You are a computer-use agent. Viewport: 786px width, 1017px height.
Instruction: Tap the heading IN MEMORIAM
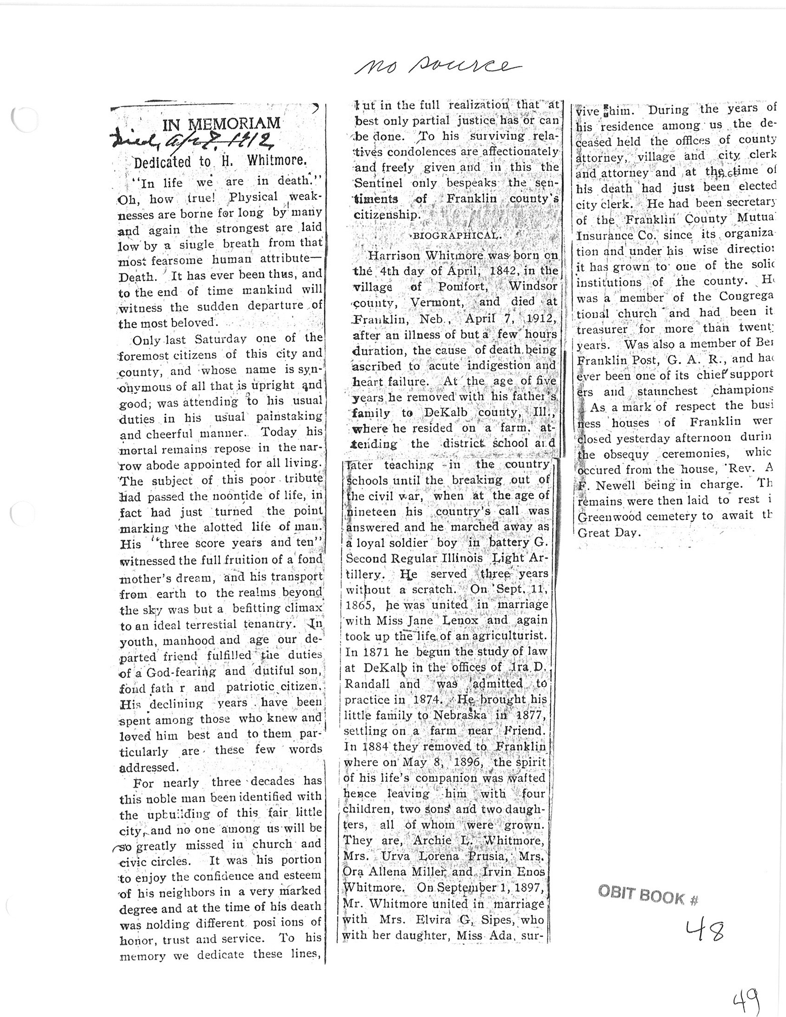pos(221,124)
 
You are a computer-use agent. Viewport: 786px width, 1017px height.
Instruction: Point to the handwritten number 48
pos(705,930)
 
